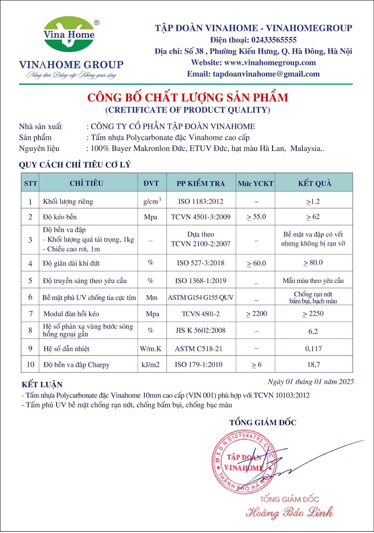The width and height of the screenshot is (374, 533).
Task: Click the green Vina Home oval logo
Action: point(69,34)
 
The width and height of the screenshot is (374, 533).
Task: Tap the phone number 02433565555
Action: point(274,40)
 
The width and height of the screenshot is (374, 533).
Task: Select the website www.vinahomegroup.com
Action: point(270,63)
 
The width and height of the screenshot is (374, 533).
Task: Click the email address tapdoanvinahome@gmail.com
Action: point(266,74)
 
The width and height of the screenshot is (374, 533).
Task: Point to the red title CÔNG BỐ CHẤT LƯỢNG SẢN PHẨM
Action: point(188,98)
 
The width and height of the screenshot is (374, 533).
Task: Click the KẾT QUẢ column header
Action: point(314,183)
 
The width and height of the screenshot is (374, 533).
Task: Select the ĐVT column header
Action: point(151,183)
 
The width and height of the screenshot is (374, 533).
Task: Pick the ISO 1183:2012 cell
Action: point(201,202)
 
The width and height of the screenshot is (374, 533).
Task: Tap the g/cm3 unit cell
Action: point(152,201)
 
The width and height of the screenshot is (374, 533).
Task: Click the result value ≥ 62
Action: point(313,217)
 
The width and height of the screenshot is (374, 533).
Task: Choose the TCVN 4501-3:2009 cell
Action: point(201,217)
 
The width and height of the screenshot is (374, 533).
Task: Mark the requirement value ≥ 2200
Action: point(257,314)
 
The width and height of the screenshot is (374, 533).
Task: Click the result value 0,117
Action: point(313,349)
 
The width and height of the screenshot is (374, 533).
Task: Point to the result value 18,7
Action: point(313,364)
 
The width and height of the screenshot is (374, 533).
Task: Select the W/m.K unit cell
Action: point(151,349)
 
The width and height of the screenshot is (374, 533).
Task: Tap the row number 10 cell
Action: point(30,364)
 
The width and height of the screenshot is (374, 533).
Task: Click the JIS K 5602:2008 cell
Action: point(201,330)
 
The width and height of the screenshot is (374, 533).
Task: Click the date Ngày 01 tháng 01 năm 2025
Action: point(311,382)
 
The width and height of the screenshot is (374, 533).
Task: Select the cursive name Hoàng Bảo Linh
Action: point(289,512)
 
